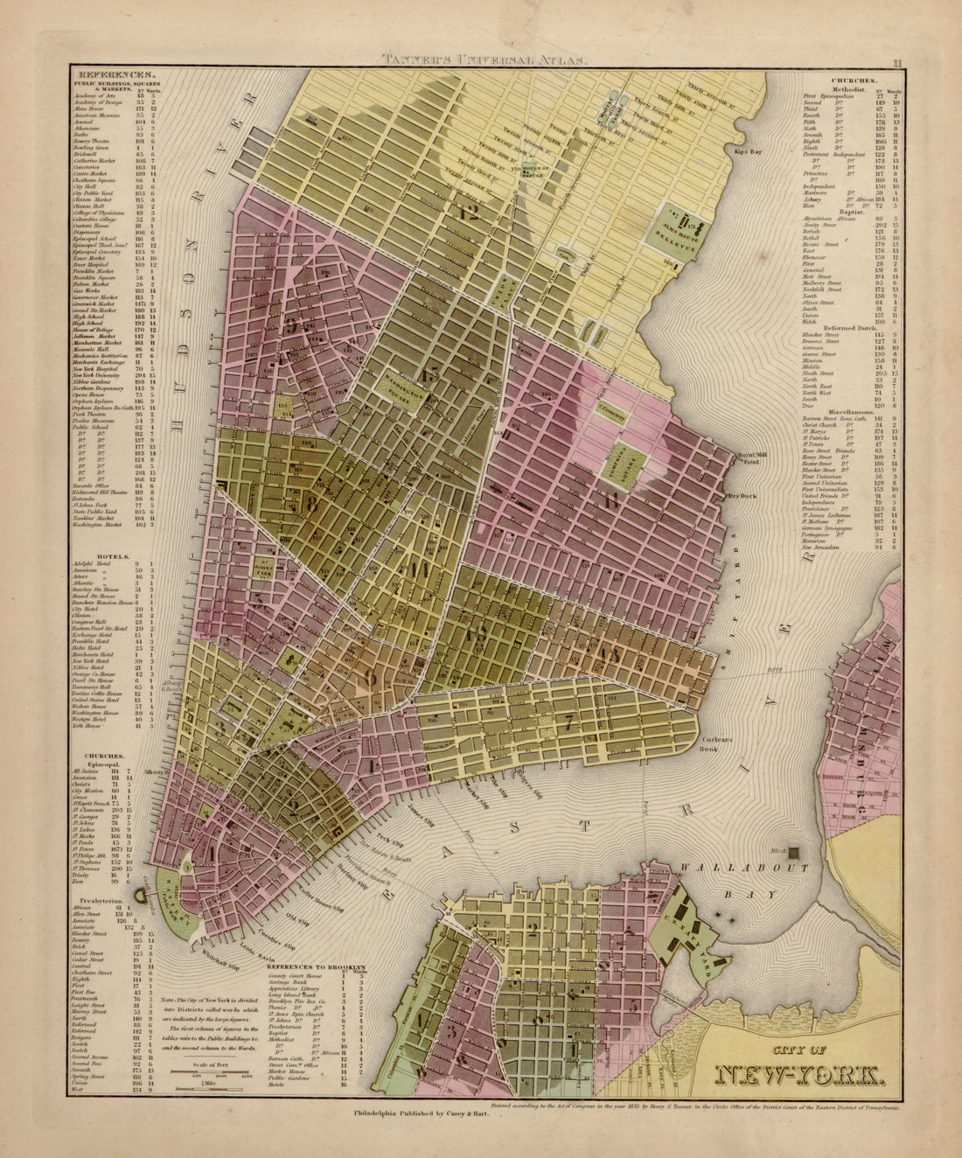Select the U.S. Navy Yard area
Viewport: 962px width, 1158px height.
tap(691, 945)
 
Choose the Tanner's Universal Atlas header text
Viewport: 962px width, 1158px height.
tap(485, 61)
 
